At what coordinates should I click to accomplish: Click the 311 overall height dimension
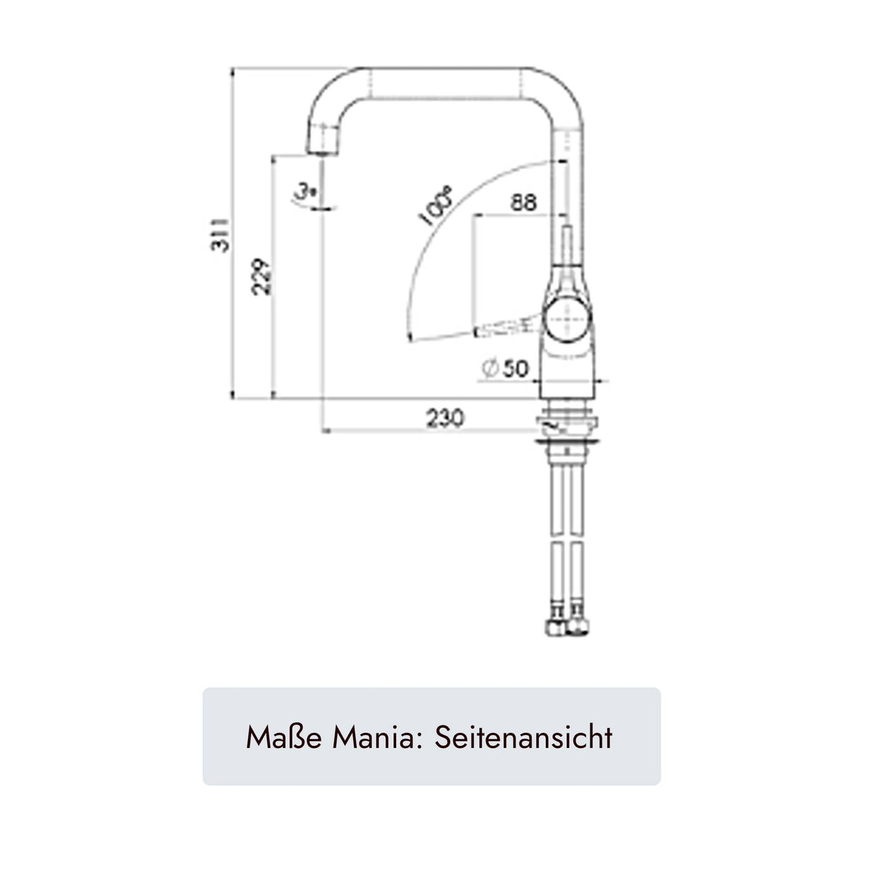click(x=220, y=235)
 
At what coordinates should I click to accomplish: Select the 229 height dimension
click(x=262, y=277)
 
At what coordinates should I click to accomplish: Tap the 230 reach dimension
click(x=445, y=418)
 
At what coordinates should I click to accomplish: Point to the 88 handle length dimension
click(x=524, y=203)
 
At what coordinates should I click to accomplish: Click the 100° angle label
click(x=436, y=206)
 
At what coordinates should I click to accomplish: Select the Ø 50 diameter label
click(x=504, y=368)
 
